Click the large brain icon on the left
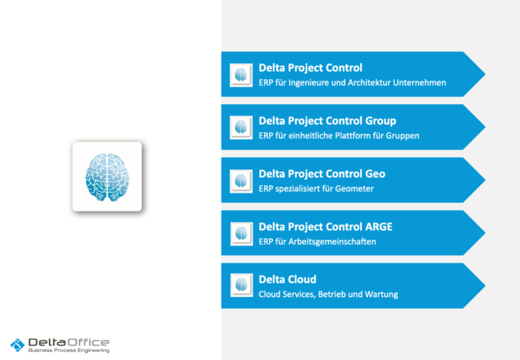coord(107,177)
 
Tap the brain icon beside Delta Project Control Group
coord(241,127)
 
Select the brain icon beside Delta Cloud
coord(242,285)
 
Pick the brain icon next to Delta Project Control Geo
coord(241,181)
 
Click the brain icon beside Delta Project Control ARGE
coord(242,233)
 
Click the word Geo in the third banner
coord(375,174)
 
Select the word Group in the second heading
coord(381,121)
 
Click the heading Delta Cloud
coord(287,279)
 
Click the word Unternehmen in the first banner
coord(419,83)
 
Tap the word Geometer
coord(354,189)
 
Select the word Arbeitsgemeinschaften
coord(332,242)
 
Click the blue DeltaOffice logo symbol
coord(18,345)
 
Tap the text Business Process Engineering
coord(69,351)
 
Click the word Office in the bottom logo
coord(88,342)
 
